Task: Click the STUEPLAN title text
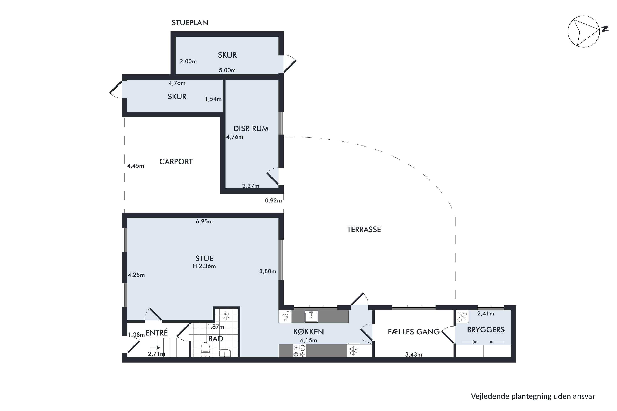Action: pos(190,23)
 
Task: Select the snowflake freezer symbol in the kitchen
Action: pos(353,351)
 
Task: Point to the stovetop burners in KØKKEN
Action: pos(299,351)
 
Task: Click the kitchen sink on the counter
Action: pos(311,316)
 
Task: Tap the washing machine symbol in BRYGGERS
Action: pos(462,317)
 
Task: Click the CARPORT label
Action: pos(176,162)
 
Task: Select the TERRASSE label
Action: pos(364,230)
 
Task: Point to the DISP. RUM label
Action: pos(251,129)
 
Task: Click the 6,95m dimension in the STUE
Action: pos(204,222)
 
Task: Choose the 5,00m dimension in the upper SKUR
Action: pos(227,70)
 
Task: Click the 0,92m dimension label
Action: pos(273,201)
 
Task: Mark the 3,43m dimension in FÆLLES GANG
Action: pos(413,355)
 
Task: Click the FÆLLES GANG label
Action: pos(413,332)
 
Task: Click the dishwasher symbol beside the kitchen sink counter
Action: pos(285,316)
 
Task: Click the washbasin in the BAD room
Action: pos(225,353)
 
